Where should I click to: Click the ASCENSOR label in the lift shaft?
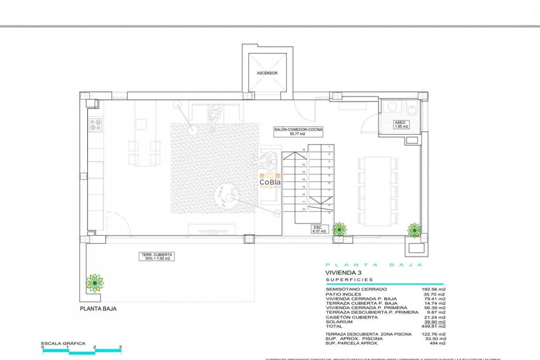click(x=267, y=73)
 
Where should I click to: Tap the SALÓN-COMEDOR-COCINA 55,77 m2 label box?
click(x=298, y=132)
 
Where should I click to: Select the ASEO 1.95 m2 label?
click(x=401, y=125)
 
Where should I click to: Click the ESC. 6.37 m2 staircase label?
click(x=319, y=229)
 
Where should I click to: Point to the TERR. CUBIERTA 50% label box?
click(x=157, y=256)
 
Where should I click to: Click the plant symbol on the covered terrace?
click(x=95, y=283)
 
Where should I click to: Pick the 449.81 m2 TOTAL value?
click(x=433, y=327)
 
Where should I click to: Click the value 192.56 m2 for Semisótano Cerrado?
click(x=433, y=289)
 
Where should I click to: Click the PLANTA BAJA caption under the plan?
click(x=98, y=309)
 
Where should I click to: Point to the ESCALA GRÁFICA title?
click(x=63, y=343)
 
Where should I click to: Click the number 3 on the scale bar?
click(x=120, y=347)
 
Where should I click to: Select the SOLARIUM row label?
click(x=339, y=322)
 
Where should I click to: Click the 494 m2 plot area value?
click(x=437, y=343)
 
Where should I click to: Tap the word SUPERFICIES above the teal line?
click(x=349, y=280)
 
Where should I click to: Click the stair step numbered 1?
click(x=329, y=147)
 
